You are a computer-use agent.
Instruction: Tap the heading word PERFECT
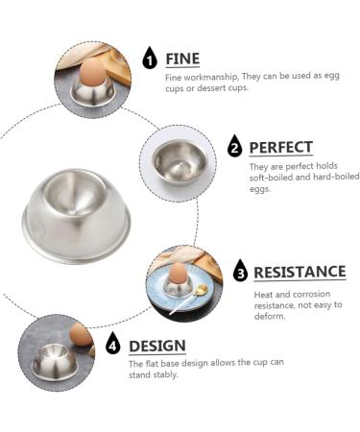[280, 147]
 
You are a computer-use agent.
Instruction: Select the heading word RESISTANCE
[300, 272]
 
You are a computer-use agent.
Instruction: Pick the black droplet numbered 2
[234, 147]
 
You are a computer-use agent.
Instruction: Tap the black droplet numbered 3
[240, 272]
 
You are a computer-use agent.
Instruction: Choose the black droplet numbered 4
[113, 344]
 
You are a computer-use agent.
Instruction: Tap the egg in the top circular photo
[92, 71]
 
